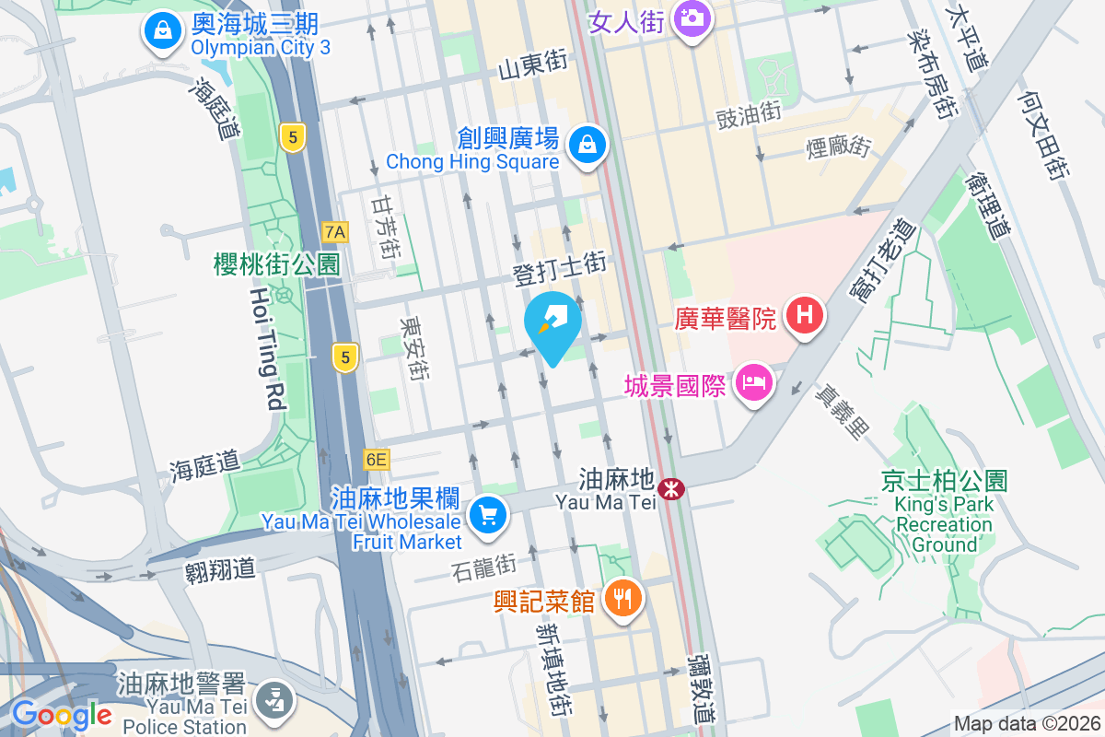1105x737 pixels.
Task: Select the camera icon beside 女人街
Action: (692, 18)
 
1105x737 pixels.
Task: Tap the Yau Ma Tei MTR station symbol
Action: (672, 488)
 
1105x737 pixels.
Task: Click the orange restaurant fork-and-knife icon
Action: (623, 599)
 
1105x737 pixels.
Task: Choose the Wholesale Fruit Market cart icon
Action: (487, 514)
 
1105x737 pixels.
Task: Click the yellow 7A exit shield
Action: (335, 231)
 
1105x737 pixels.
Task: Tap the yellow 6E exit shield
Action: (377, 459)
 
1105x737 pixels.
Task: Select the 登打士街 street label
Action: (559, 267)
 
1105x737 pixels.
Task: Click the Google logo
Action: (63, 715)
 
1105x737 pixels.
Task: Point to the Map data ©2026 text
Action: (1026, 724)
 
